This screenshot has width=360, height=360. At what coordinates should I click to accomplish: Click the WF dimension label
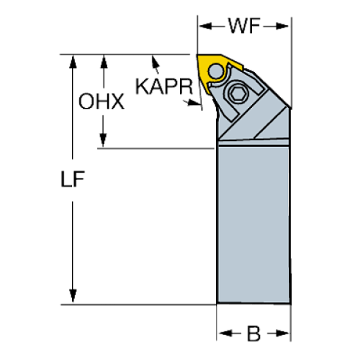click(242, 27)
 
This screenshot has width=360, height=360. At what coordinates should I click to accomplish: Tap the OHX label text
click(101, 102)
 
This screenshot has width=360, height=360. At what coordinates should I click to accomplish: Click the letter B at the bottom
click(253, 334)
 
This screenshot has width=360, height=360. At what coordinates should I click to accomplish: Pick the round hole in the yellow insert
click(217, 71)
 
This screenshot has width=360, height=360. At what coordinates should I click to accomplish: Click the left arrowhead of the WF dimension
click(206, 27)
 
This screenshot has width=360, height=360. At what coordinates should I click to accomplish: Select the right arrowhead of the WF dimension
click(284, 27)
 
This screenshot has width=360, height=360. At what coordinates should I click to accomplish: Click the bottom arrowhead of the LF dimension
click(73, 296)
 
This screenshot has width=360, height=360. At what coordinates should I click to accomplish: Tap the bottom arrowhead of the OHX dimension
click(104, 140)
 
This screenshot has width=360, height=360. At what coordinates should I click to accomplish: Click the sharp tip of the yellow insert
click(198, 56)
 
